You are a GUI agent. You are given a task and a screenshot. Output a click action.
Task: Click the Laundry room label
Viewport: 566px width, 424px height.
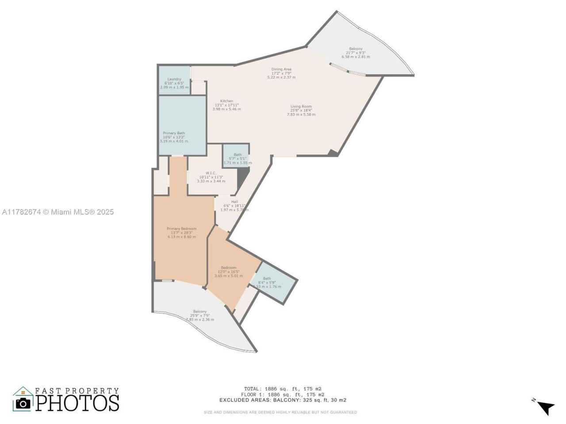coord(174,83)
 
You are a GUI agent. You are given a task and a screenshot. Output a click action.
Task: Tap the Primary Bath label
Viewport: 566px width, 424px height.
coord(174,137)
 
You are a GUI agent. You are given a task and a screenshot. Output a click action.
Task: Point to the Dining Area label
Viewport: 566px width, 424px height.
coord(281,73)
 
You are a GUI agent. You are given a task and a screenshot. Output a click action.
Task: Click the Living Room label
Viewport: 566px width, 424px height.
coord(301,110)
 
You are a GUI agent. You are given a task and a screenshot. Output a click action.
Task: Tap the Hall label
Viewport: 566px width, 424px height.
coord(234,206)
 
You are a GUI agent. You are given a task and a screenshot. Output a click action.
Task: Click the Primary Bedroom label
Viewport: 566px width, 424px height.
coord(181,233)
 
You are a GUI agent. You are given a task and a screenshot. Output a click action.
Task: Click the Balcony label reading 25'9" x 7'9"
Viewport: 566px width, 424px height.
coord(200,315)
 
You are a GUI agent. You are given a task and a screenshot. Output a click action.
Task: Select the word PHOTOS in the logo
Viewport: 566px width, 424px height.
coord(77,403)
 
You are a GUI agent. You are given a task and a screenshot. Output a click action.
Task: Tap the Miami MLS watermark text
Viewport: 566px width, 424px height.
coord(58,212)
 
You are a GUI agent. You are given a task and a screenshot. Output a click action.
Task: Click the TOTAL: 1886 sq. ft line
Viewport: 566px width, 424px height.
coord(283,389)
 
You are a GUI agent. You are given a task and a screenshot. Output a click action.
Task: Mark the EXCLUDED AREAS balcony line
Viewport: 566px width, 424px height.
coord(283,400)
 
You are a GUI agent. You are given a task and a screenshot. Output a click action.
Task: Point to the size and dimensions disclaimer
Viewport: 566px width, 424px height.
coord(280,413)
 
